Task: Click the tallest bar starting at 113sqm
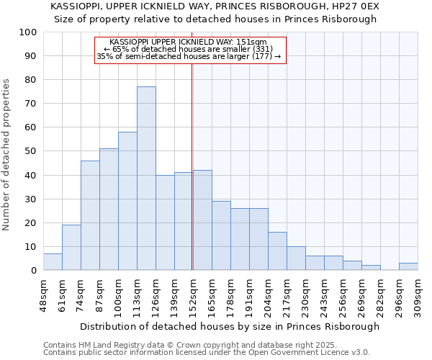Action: pos(146,179)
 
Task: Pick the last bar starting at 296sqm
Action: pos(408,266)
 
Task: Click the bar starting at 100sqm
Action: pos(127,201)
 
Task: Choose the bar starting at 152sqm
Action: pos(202,220)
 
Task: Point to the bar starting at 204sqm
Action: pos(277,251)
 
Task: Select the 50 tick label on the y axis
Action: pos(31,151)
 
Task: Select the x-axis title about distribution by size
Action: pos(229,326)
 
